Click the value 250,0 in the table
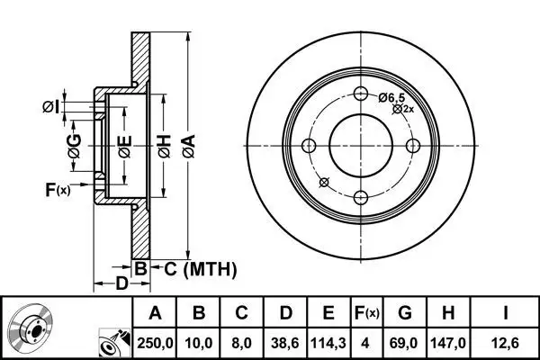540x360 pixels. [155, 343]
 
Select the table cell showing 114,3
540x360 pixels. [328, 343]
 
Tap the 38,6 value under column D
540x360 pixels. [284, 343]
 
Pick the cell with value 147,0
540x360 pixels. [448, 343]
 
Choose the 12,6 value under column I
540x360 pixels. [505, 343]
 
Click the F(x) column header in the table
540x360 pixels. [367, 313]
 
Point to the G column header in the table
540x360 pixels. [405, 313]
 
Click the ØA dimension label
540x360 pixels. [189, 147]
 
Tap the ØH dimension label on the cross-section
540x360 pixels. [165, 147]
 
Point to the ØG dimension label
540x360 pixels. [75, 146]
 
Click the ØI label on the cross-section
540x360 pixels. [51, 107]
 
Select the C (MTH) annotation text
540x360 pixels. [201, 269]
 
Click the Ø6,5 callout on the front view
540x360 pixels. [391, 98]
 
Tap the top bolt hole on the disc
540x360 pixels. [361, 94]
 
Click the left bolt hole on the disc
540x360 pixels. [309, 146]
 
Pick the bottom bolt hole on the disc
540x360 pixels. [361, 198]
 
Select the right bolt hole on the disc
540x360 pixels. [413, 146]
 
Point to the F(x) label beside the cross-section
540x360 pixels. [58, 190]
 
